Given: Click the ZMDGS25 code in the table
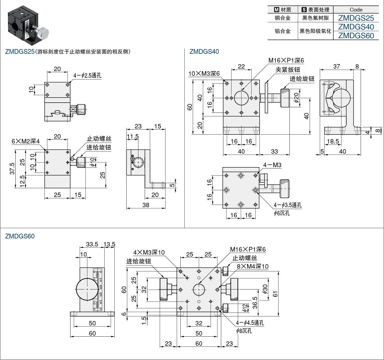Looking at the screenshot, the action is tap(356, 18).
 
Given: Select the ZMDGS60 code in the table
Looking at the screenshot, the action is tap(356, 36).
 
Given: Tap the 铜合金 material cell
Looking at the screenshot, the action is tap(283, 18).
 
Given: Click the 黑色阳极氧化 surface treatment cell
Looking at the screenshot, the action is tap(315, 31).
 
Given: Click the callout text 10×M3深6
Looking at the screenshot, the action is tap(204, 74).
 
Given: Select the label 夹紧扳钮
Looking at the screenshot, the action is tap(288, 70).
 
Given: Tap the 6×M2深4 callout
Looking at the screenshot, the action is tap(25, 141).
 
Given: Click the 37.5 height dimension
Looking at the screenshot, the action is tap(12, 168).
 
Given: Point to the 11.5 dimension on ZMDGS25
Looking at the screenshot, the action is tap(133, 137).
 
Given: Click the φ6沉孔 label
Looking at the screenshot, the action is tap(282, 213).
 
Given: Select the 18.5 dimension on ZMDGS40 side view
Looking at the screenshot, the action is tap(333, 141).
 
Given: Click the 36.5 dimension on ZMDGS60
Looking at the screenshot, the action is tap(255, 303).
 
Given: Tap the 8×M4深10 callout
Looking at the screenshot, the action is tap(253, 266).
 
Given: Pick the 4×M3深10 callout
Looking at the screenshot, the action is tap(149, 252).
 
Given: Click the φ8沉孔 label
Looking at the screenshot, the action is tap(244, 331).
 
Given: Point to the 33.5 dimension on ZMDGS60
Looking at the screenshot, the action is tap(92, 244).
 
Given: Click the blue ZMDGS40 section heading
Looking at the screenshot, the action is tap(204, 52).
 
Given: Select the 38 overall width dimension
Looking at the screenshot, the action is tap(146, 205).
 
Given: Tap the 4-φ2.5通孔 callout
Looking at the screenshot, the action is tap(87, 75).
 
